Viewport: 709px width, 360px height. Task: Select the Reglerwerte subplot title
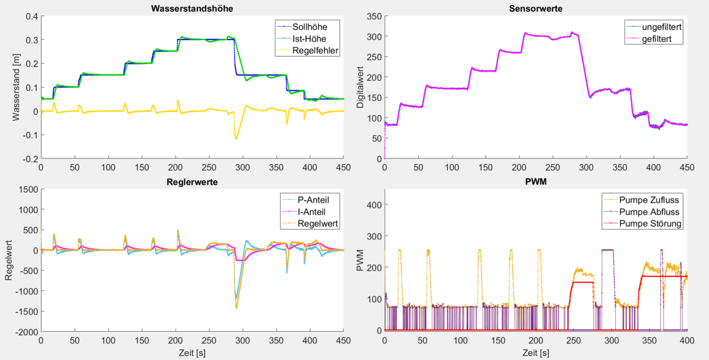click(193, 182)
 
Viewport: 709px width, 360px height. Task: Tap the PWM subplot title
click(536, 182)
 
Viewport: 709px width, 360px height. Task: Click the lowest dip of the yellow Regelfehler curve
click(236, 138)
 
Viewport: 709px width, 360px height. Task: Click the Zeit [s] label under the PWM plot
click(536, 353)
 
